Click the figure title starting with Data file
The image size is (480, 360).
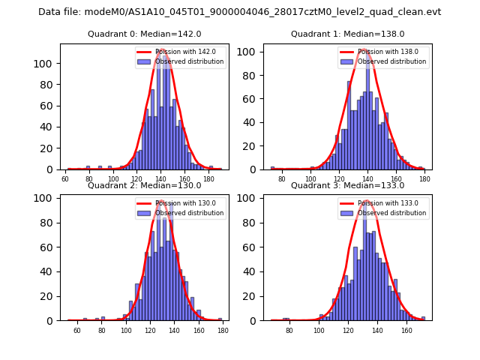239,12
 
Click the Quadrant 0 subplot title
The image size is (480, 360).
145,34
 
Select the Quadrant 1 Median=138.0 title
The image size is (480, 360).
347,34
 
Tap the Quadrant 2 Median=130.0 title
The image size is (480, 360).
145,185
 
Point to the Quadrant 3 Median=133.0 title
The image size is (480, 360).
347,185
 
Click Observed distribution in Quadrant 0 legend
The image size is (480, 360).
190,61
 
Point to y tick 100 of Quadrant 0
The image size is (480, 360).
47,63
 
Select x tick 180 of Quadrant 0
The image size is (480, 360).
211,179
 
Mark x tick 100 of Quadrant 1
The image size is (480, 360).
311,179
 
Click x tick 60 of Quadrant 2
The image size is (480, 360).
77,331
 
